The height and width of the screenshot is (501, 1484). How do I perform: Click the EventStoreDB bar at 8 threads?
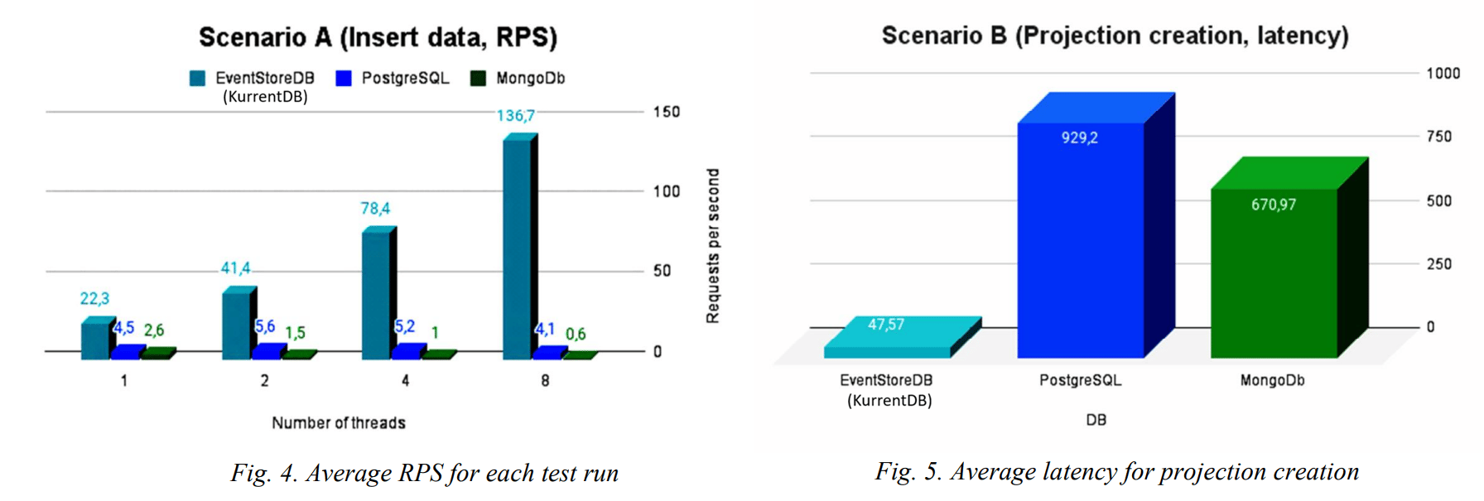[517, 248]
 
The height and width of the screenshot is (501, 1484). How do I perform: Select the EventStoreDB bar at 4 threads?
[375, 295]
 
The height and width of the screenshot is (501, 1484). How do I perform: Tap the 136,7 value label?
[516, 116]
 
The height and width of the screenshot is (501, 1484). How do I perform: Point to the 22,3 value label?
[94, 298]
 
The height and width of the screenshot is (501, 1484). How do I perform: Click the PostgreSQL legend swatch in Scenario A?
[344, 79]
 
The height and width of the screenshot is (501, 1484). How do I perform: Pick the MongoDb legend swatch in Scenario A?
[478, 79]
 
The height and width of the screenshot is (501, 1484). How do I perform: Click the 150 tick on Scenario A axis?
[666, 112]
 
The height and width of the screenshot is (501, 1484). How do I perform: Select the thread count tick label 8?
[545, 381]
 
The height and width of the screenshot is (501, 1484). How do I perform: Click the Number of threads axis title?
[339, 423]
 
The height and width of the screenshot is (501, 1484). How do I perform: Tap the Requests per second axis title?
[712, 246]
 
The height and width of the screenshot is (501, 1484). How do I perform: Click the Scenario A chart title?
[378, 37]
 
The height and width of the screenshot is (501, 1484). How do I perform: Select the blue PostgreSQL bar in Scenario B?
[1080, 240]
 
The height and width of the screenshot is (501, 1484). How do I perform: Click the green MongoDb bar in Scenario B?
[1274, 273]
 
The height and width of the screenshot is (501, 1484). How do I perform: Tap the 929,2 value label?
[1080, 137]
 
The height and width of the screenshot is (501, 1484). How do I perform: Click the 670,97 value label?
[1274, 205]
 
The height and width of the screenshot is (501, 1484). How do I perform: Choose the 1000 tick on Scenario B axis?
[1443, 74]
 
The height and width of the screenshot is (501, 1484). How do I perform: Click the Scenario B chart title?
[1115, 36]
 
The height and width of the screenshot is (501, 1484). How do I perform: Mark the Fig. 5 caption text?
[1116, 471]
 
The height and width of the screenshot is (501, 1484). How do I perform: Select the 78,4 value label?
[375, 209]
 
